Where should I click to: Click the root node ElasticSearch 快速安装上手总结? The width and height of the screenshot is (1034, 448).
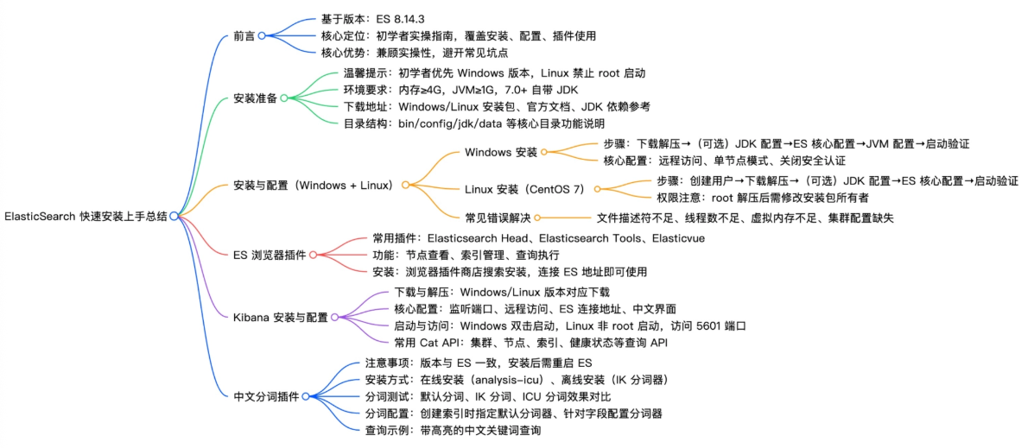86,216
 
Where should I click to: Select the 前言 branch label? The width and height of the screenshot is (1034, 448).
244,36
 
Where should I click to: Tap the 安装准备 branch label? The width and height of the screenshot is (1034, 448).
256,98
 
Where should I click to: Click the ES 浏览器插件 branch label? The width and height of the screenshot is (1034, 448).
270,255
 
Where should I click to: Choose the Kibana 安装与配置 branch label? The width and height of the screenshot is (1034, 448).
281,318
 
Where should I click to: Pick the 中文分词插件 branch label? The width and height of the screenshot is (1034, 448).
267,396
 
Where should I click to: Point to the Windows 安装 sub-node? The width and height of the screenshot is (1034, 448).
501,153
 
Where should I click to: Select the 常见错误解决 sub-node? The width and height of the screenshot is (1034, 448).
498,218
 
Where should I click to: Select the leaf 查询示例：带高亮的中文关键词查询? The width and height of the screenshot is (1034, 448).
453,429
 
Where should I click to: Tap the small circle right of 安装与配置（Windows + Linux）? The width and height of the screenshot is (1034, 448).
406,185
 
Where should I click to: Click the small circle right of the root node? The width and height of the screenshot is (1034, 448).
174,216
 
